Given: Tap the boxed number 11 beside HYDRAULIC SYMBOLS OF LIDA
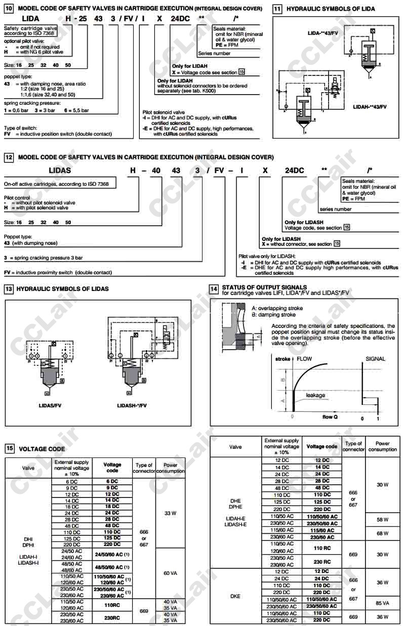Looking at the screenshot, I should tap(278, 9).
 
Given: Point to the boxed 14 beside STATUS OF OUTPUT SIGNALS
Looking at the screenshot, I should tap(215, 289).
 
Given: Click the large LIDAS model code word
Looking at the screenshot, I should tap(60, 171).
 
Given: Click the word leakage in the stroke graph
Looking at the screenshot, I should tap(315, 395).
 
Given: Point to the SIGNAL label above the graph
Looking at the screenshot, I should tap(375, 359).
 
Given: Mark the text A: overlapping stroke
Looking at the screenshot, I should tap(273, 308).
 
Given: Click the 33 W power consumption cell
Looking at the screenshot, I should tap(171, 513).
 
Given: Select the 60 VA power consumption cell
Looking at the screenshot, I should tap(171, 573).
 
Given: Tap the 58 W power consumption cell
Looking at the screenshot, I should tap(382, 520).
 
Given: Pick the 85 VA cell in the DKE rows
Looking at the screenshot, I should tap(382, 603).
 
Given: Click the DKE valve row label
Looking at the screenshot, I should tap(235, 596).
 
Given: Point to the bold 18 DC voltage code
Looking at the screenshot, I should tap(112, 506).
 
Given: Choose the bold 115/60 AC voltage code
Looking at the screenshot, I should tap(322, 530).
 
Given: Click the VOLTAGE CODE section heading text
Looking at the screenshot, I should tap(42, 449).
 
